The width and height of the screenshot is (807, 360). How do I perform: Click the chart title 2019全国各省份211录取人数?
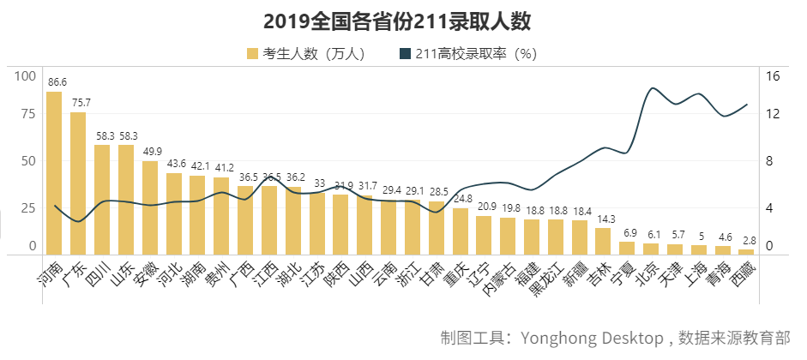(403, 21)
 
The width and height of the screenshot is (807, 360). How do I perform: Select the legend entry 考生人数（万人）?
(307, 54)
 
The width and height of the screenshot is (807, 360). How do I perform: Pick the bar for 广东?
(78, 183)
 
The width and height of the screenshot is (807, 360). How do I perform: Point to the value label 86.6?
(57, 82)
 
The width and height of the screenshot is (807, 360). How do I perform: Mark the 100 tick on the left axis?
(27, 75)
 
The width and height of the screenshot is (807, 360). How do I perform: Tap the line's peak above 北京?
(653, 88)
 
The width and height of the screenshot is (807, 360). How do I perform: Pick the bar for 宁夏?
(628, 249)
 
